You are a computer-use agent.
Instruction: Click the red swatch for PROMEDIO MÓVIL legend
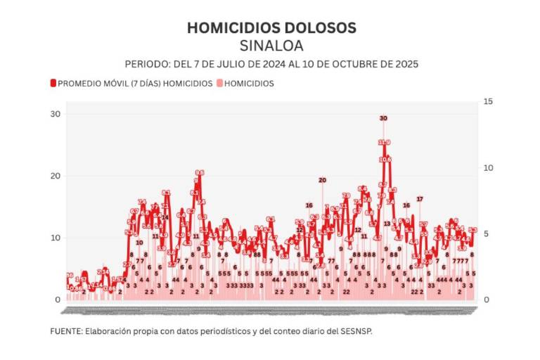[53, 83]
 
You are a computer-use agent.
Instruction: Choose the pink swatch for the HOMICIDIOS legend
[219, 83]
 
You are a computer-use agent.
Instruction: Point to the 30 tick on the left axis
[55, 114]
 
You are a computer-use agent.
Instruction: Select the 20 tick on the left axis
[55, 176]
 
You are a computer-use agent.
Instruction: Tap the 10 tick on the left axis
[55, 238]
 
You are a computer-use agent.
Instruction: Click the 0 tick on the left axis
[58, 300]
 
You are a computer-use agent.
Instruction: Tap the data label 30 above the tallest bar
[383, 118]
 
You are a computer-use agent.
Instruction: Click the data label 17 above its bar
[420, 199]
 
